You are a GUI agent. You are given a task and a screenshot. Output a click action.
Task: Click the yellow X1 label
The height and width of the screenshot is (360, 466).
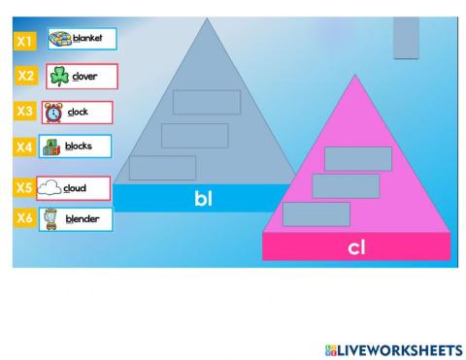[x=25, y=41]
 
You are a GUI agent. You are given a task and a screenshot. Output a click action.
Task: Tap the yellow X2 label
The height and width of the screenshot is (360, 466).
[x=27, y=76]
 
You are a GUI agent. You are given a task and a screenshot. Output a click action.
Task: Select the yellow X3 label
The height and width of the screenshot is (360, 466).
[x=25, y=112]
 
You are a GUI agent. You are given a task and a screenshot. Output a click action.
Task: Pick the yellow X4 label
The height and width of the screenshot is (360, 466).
[x=25, y=147]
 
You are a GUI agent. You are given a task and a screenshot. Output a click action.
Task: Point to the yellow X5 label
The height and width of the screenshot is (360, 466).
[x=24, y=187]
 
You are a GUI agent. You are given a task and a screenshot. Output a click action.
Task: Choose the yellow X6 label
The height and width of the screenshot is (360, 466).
[x=25, y=218]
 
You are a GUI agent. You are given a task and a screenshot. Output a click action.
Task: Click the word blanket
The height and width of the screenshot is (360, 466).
[x=87, y=39]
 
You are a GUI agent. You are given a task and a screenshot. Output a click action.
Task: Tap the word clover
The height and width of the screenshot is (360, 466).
[x=85, y=77]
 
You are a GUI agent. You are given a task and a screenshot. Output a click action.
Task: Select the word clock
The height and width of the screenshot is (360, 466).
[x=78, y=112]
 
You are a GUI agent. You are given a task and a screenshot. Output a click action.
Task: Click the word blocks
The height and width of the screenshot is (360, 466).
[x=80, y=147]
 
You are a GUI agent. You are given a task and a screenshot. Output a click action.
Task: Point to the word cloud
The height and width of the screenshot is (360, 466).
[x=76, y=188]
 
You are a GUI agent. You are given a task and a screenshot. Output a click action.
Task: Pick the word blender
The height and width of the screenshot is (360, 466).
[x=83, y=219]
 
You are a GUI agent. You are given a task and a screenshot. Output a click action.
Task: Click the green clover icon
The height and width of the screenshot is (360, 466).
[x=59, y=77]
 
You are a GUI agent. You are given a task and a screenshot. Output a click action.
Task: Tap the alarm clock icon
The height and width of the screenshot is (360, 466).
[x=53, y=113]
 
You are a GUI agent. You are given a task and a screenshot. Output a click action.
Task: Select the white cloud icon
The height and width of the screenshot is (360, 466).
[x=50, y=188]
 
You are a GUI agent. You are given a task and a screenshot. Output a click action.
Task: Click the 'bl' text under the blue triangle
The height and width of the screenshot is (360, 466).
[x=203, y=199]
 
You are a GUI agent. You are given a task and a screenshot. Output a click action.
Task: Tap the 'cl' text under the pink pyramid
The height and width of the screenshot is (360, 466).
[x=356, y=247]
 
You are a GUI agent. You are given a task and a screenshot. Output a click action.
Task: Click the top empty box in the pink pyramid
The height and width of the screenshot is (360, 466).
[x=357, y=158]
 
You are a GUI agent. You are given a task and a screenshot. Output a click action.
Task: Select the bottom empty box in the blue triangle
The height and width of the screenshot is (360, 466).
[x=162, y=168]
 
